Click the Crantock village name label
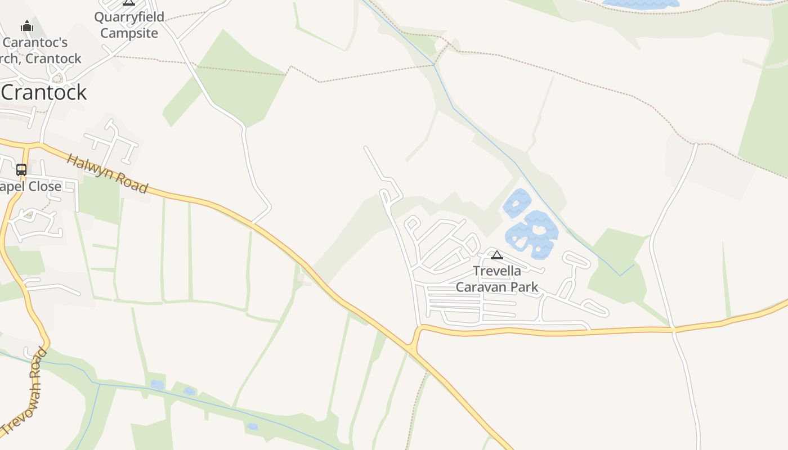tap(44, 92)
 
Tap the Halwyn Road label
tap(107, 173)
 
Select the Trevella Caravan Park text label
tap(497, 279)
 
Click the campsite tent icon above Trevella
tap(496, 255)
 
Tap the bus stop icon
tap(21, 169)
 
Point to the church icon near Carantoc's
tap(26, 26)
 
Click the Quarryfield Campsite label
tap(129, 25)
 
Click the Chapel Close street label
tap(31, 186)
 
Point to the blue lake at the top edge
tap(641, 3)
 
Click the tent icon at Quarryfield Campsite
tap(129, 2)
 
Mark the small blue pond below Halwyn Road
tap(157, 385)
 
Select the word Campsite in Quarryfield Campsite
tap(129, 33)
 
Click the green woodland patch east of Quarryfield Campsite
tap(236, 79)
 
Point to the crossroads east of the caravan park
tap(673, 328)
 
